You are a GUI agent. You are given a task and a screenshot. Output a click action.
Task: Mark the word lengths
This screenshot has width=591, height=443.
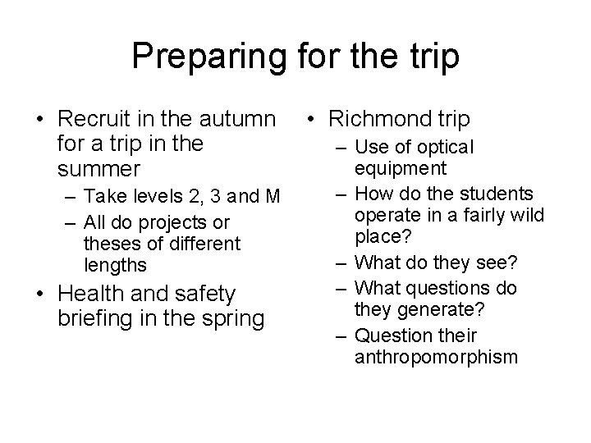[116, 265]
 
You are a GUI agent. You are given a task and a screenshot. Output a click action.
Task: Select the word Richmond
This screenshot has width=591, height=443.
[378, 120]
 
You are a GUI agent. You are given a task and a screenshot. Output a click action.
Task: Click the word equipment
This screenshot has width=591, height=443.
[401, 169]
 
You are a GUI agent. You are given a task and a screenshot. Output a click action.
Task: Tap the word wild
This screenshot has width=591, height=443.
[515, 217]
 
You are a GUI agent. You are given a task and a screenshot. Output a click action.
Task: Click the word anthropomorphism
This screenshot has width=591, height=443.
[436, 358]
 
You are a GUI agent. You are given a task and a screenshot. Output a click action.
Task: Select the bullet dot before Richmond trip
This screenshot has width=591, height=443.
[310, 121]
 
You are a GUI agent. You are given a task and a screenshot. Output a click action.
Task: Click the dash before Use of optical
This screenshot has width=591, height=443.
[338, 148]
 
